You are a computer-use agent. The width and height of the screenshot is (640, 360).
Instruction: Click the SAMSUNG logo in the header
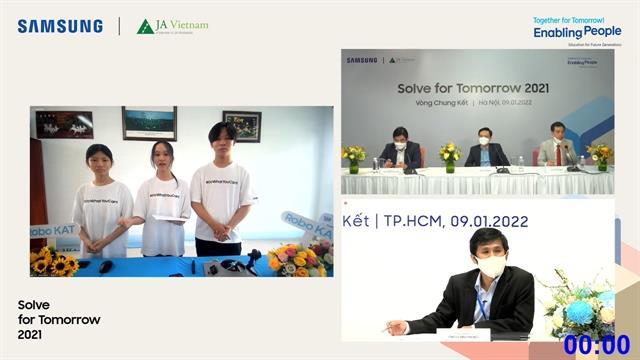(x=60, y=26)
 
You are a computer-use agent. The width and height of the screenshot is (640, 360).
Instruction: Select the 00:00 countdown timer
(x=596, y=345)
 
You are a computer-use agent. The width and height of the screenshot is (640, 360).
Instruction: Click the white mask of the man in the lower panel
(x=490, y=266)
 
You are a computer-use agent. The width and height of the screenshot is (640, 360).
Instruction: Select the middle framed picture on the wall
(x=149, y=123)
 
